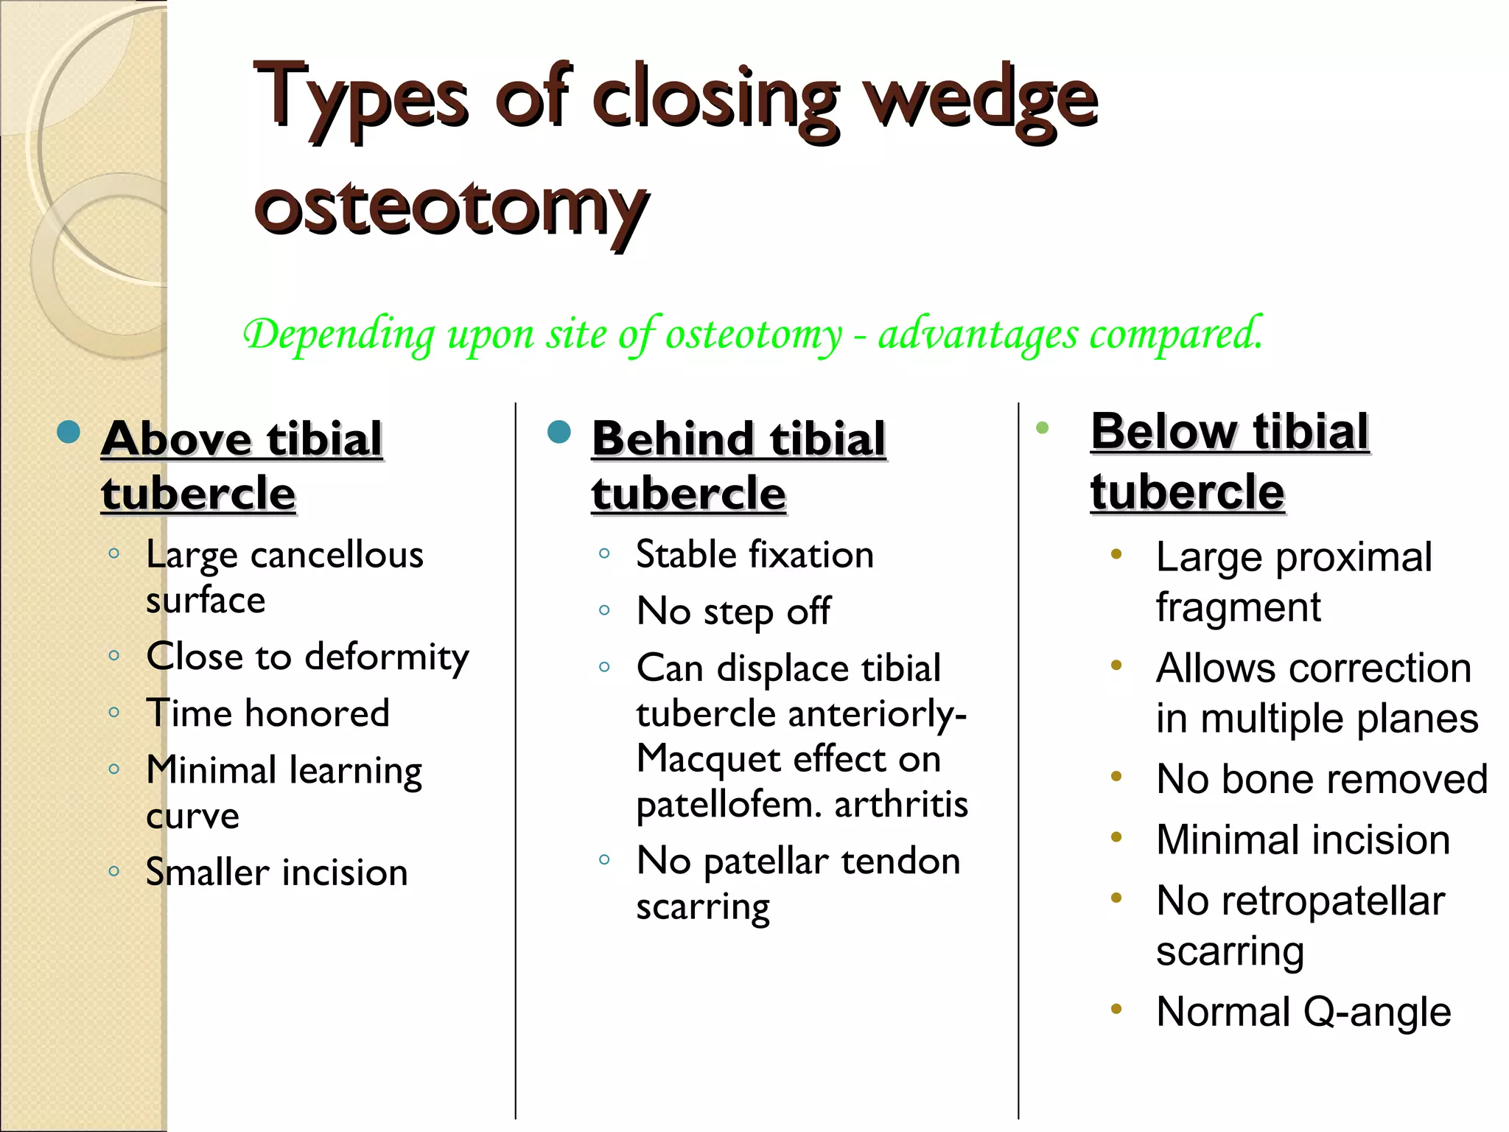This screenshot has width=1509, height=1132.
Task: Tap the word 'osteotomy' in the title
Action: tap(451, 208)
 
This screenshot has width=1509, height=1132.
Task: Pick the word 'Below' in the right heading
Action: tap(1163, 432)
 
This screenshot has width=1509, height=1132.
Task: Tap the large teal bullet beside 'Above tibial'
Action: tap(69, 432)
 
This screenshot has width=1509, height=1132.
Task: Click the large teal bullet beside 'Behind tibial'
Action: tap(559, 432)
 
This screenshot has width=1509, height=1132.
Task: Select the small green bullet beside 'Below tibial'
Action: tap(1042, 427)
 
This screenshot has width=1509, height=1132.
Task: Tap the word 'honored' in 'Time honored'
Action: tap(317, 713)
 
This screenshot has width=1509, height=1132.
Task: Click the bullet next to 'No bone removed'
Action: tap(1116, 776)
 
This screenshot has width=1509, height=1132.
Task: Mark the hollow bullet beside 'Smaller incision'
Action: tap(113, 871)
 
